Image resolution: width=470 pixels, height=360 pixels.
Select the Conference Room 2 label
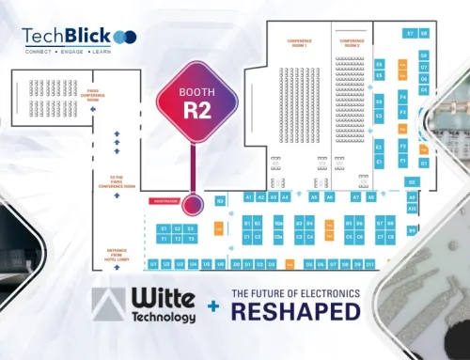(x=351, y=43)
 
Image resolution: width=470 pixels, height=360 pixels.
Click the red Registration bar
(x=165, y=202)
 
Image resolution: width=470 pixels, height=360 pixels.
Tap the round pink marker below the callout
(x=195, y=204)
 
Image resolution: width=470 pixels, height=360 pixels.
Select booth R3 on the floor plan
(x=220, y=200)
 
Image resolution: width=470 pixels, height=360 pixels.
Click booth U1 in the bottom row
(x=152, y=264)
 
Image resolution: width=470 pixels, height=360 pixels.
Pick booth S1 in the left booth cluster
(x=163, y=228)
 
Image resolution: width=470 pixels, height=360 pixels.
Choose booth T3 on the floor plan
(x=190, y=239)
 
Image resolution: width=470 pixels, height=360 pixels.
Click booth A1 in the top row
(x=248, y=197)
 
